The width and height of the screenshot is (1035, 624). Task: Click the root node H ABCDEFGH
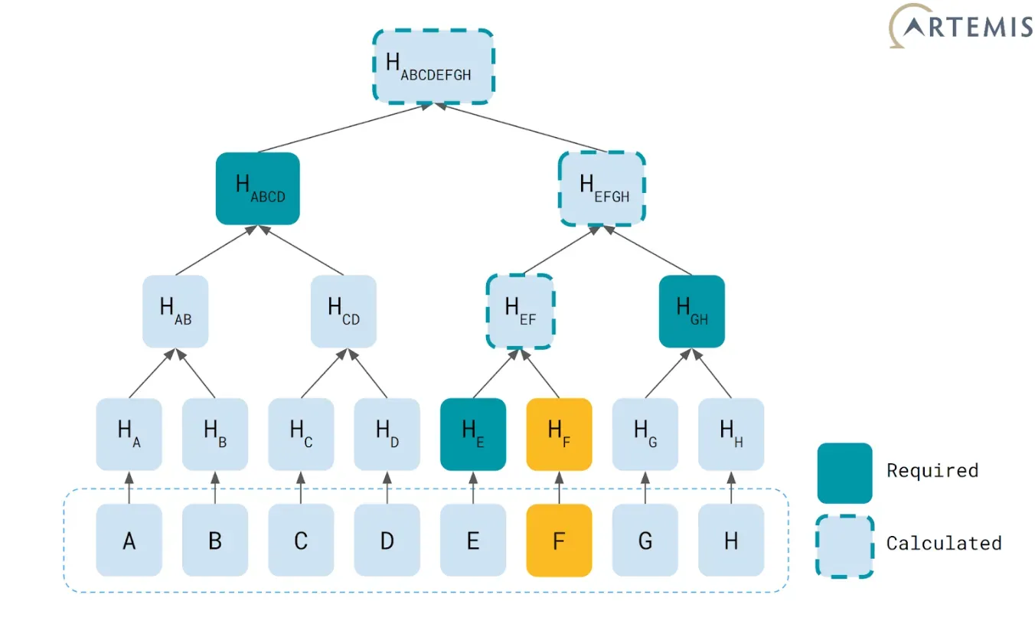click(x=433, y=67)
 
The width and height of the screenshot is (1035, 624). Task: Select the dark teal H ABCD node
click(x=258, y=188)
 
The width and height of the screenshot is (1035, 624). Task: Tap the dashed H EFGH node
click(x=602, y=188)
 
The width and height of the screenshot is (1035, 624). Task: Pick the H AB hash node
click(x=175, y=312)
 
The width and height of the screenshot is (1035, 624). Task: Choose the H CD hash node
click(x=343, y=312)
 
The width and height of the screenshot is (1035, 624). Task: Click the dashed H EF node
click(x=521, y=312)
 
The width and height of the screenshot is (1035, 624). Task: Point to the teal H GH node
click(x=692, y=312)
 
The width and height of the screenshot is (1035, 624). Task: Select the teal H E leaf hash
click(x=473, y=434)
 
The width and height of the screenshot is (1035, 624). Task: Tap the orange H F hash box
click(x=559, y=434)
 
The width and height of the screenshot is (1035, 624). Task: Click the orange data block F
click(x=559, y=541)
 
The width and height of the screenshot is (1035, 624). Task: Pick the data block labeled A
click(x=129, y=541)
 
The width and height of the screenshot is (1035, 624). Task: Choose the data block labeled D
click(x=387, y=541)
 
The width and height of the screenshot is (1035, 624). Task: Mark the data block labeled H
click(x=731, y=541)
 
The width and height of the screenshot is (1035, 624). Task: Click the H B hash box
click(x=215, y=434)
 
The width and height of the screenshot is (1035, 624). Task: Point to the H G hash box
click(x=645, y=434)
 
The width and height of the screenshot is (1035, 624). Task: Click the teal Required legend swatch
click(x=844, y=473)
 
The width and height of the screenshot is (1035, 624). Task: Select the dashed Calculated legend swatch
click(x=844, y=547)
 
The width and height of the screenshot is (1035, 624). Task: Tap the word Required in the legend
click(x=932, y=471)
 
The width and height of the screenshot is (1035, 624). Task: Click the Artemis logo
click(x=960, y=26)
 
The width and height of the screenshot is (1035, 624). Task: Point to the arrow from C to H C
click(x=301, y=488)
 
